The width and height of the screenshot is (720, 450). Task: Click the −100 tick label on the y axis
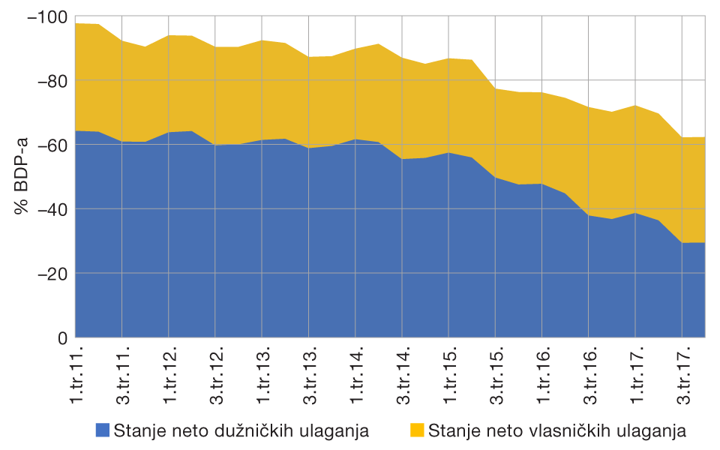46,16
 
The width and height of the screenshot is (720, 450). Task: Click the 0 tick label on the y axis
62,338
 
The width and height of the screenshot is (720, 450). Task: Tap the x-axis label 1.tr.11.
77,375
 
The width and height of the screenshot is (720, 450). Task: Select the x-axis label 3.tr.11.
124,375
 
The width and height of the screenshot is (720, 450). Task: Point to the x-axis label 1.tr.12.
170,375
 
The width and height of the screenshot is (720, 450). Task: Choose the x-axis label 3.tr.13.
310,375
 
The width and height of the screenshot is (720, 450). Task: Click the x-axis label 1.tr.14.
356,375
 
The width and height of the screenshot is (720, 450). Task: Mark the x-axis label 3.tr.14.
403,375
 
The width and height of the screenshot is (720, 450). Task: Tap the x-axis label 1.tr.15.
449,375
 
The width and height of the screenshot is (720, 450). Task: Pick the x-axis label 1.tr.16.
542,375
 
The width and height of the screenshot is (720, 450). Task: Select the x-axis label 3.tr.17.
682,375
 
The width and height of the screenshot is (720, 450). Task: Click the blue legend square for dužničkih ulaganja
103,430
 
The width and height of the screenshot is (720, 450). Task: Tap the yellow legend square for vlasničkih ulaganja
418,430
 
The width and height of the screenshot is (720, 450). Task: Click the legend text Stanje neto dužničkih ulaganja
241,430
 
